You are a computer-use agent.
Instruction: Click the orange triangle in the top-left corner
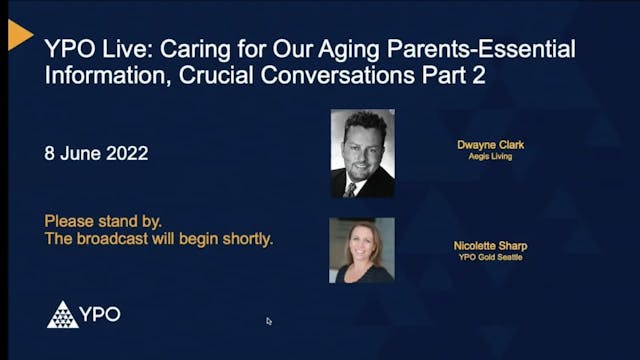[x=19, y=34]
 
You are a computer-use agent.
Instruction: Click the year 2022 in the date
[x=127, y=154]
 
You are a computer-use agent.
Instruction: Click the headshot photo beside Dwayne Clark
[x=362, y=153]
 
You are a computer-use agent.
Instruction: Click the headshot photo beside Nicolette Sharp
[x=362, y=250]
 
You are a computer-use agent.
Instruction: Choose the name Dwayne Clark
[x=490, y=145]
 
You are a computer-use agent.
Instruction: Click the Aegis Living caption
[x=490, y=157]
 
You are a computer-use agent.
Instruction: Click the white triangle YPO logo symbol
[x=62, y=315]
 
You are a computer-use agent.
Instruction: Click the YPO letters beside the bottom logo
[x=101, y=315]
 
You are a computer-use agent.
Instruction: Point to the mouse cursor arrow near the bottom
[x=269, y=321]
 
